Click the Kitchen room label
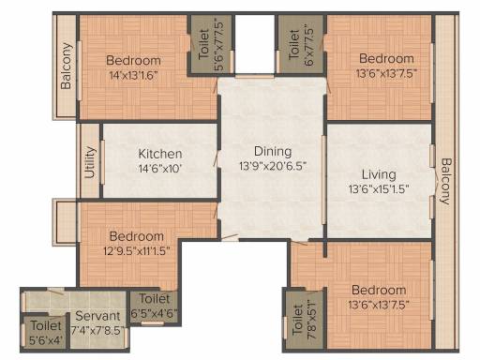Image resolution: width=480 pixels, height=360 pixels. coord(160,154)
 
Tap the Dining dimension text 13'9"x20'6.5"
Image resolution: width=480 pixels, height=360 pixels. coord(273,166)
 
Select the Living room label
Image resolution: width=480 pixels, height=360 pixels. coord(379,174)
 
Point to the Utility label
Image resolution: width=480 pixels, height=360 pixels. coord(90,162)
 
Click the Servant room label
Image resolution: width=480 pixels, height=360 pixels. coord(97,316)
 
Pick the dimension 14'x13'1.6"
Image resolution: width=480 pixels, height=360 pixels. coord(133,75)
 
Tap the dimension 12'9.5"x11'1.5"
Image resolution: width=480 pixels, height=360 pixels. coord(137,250)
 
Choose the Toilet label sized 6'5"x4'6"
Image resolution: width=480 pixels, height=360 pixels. coord(155,298)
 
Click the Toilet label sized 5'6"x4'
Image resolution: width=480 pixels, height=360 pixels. coord(46,326)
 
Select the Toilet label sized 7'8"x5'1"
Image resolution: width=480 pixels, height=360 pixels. coord(298,321)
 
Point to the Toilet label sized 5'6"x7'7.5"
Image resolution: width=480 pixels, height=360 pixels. coord(203,45)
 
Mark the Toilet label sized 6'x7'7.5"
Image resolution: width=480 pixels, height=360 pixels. coord(294,45)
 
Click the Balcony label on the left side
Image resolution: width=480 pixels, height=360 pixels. coord(67,66)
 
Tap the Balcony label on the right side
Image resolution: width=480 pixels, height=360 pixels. coord(446,182)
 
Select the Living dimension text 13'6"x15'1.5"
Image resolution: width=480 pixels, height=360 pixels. coord(379,189)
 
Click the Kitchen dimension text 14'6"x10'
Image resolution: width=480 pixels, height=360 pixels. coord(160,169)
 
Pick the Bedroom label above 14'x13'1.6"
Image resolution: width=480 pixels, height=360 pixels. coord(133,60)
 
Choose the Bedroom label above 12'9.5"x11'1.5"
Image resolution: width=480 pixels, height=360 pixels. coord(137,236)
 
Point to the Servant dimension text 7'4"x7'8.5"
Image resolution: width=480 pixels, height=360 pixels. coord(97,331)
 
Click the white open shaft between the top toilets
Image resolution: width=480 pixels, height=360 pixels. coord(254,44)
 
